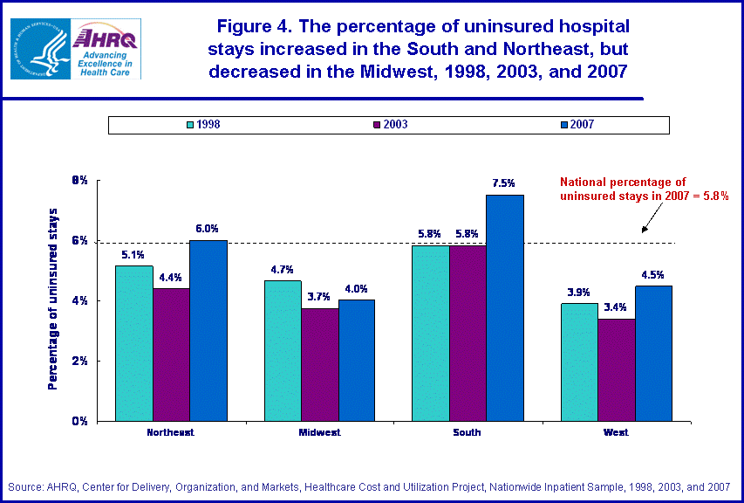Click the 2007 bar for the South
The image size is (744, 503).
tap(505, 307)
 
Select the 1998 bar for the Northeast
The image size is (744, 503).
tap(134, 343)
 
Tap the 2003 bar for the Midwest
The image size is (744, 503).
tap(320, 364)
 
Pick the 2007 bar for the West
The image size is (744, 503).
tap(654, 353)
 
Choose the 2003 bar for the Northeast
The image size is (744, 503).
tap(171, 355)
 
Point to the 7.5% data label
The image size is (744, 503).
tap(504, 183)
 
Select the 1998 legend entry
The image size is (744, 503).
tap(202, 125)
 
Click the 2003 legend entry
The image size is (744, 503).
tap(390, 125)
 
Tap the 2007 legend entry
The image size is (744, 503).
tap(577, 125)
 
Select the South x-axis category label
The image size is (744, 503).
tap(468, 432)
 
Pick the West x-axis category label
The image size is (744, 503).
tap(617, 432)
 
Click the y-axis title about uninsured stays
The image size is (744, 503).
tap(53, 299)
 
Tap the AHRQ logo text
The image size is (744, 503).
tap(105, 38)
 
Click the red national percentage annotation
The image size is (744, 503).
tap(644, 189)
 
